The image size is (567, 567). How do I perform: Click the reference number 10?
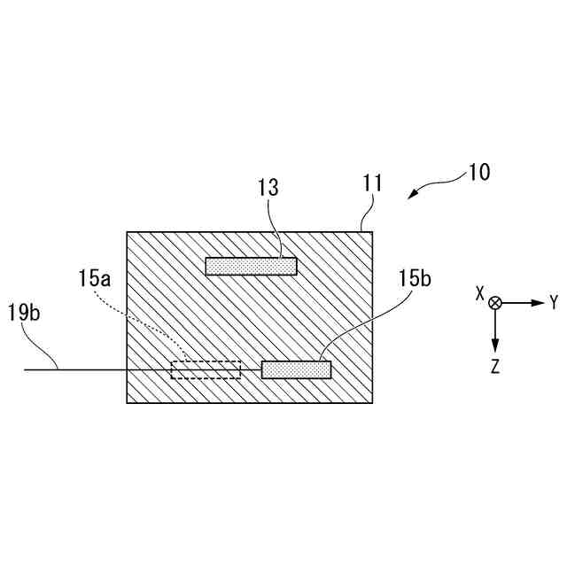click(478, 172)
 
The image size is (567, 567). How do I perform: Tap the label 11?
click(372, 184)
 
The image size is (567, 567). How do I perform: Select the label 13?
click(268, 188)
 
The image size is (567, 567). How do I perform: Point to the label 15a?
click(94, 279)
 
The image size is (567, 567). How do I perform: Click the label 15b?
click(414, 279)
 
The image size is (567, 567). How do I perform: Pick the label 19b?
click(23, 311)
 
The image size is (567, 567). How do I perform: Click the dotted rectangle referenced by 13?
click(251, 266)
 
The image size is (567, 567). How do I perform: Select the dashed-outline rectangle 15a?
click(206, 369)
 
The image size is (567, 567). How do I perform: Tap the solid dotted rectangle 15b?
click(296, 369)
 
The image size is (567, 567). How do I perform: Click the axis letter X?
click(479, 293)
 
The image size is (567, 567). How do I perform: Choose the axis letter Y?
click(554, 303)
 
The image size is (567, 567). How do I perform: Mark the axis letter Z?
click(495, 366)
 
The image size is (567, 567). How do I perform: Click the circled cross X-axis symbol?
click(495, 303)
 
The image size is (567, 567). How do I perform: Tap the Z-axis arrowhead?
click(495, 345)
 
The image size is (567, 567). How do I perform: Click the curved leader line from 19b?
click(44, 346)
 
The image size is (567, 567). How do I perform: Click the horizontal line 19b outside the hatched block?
click(89, 369)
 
